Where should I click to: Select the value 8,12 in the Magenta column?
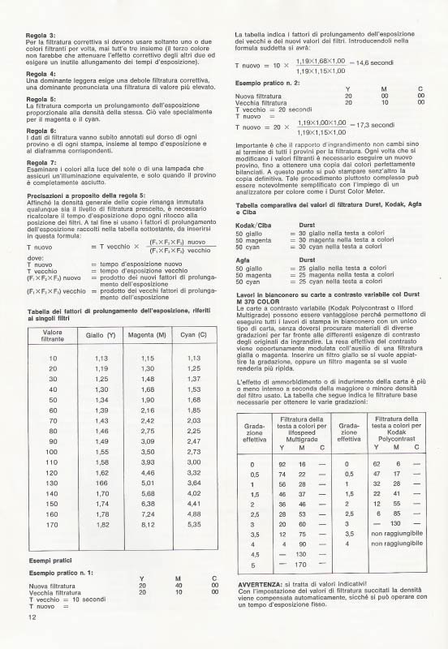[147, 525]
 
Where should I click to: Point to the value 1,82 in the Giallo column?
[101, 525]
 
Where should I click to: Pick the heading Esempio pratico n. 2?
[268, 84]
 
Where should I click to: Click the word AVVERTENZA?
[261, 584]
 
